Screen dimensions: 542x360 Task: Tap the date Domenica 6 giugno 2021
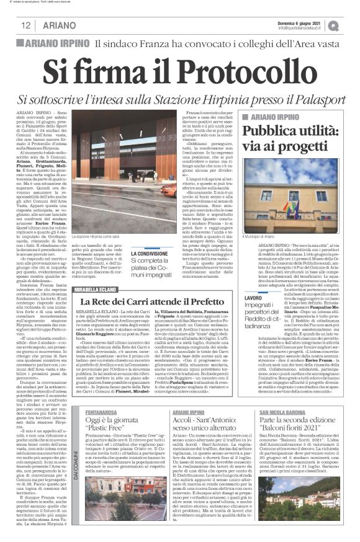(x=305, y=22)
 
